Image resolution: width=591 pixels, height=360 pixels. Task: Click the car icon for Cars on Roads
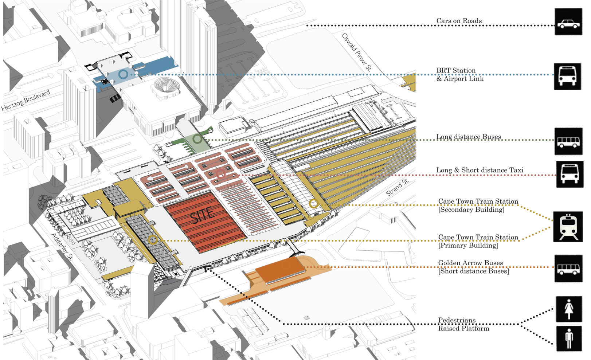568,22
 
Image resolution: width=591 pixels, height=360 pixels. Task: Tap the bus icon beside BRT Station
567,77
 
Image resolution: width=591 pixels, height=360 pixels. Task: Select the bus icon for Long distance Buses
568,141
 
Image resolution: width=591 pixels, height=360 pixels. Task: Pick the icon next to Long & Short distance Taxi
570,175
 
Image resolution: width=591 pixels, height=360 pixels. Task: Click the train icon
568,227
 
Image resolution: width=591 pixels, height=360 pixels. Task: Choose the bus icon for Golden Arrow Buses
568,269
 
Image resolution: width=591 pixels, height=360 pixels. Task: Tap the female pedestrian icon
569,309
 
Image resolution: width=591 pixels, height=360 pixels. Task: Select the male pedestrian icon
569,339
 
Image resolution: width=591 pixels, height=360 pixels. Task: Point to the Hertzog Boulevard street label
26,100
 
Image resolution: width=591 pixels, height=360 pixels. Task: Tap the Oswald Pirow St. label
357,52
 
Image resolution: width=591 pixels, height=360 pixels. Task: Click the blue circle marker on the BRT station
124,74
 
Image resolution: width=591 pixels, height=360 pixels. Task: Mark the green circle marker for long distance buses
197,139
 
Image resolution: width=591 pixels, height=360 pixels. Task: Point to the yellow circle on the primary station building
153,240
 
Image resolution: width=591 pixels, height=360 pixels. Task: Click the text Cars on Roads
459,21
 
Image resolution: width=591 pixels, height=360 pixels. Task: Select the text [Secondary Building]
471,210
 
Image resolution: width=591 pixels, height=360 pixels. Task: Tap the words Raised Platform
463,328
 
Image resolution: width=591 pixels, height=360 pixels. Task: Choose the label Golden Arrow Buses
470,263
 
